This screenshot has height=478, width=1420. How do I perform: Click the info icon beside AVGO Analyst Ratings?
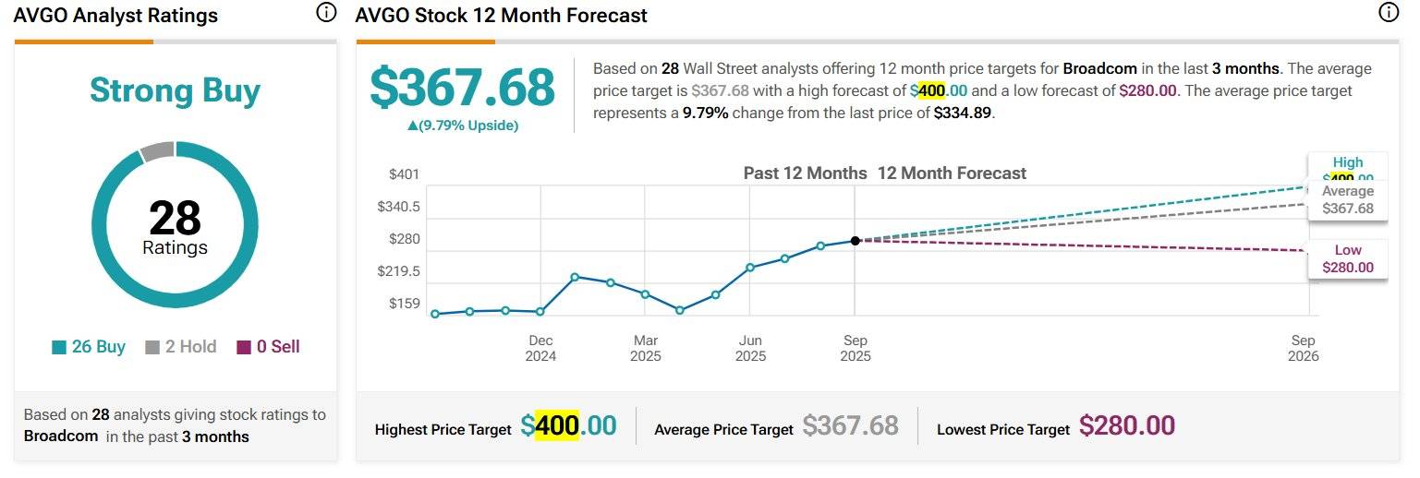click(x=325, y=13)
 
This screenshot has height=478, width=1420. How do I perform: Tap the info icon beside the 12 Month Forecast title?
click(x=1388, y=13)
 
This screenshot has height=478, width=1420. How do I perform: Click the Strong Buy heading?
click(x=175, y=91)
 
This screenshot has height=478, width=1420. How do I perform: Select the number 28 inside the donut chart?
click(x=175, y=219)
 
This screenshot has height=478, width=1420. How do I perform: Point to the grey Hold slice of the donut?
click(x=157, y=151)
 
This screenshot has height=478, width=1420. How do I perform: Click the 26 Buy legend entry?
click(x=89, y=347)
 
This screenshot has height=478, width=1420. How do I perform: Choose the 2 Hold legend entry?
click(x=181, y=347)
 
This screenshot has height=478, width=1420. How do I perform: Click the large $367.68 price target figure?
click(x=462, y=88)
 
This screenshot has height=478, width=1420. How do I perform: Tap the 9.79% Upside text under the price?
click(x=463, y=125)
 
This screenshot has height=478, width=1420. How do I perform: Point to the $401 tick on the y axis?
click(x=404, y=174)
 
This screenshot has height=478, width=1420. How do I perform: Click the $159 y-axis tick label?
click(x=404, y=304)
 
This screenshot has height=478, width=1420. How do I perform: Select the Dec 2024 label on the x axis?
click(x=540, y=348)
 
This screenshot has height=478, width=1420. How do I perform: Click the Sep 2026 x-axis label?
click(x=1303, y=348)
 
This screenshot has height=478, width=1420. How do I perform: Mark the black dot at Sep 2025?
click(x=856, y=241)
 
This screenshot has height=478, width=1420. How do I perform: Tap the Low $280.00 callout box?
click(x=1347, y=259)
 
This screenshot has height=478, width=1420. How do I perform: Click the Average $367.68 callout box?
click(x=1347, y=199)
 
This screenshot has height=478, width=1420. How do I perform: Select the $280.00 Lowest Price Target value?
click(x=1126, y=425)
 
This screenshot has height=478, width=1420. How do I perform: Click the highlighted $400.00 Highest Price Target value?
click(x=568, y=425)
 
